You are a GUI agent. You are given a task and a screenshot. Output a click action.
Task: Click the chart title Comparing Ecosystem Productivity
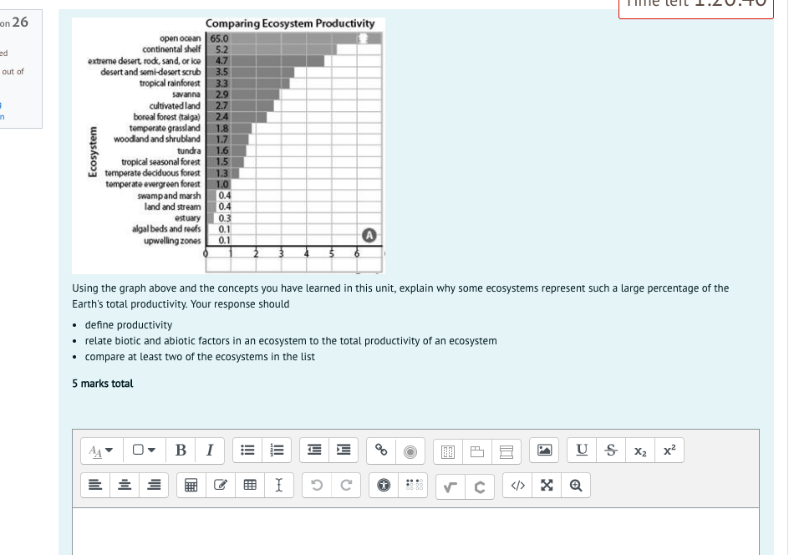[x=290, y=23]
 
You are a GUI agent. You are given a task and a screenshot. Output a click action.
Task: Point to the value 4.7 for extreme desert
[x=222, y=60]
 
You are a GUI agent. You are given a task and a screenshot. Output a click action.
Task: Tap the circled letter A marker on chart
[x=369, y=234]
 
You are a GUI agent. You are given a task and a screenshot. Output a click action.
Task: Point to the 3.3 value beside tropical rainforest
[x=222, y=83]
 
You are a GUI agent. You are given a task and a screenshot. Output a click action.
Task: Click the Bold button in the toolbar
[x=181, y=451]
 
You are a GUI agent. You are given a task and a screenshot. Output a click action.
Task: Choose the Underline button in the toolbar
[x=582, y=451]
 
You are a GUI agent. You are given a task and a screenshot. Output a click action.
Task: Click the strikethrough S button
[x=613, y=451]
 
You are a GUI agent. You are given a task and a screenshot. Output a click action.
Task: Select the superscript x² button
[x=669, y=451]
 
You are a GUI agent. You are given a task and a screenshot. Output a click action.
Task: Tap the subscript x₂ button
[x=641, y=451]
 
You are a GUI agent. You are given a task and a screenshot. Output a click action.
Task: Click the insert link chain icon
[x=381, y=451]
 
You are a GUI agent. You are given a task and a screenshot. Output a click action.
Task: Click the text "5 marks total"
[x=103, y=384]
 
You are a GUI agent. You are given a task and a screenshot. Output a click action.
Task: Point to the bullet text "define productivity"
[x=129, y=324]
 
